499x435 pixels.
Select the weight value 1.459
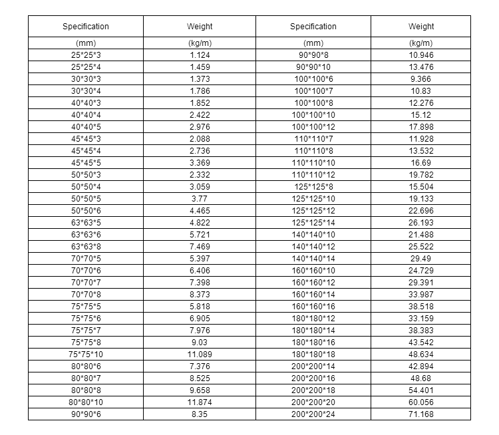coord(200,67)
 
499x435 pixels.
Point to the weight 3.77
coord(200,198)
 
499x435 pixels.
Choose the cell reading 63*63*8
coord(86,246)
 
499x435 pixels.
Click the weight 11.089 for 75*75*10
coord(200,355)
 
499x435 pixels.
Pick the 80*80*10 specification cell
coord(86,402)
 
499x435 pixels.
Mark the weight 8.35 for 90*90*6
coord(200,414)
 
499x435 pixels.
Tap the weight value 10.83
coord(421,90)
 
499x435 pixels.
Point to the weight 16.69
coord(421,162)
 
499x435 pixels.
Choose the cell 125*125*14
coord(313,222)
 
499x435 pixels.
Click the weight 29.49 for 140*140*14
coord(421,258)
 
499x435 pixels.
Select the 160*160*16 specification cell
coord(313,307)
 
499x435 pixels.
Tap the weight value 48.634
coord(421,355)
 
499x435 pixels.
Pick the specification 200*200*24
coord(313,414)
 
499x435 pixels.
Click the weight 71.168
coord(421,414)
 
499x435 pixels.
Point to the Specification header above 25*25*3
coord(86,27)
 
